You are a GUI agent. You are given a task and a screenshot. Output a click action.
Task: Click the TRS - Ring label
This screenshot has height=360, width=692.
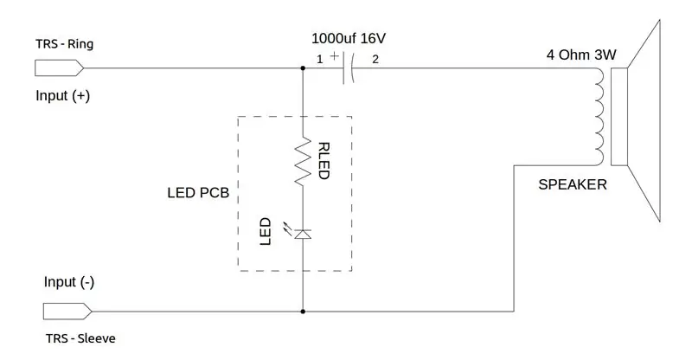click(x=64, y=44)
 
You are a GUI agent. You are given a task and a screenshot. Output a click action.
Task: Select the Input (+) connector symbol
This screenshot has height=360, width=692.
click(x=59, y=68)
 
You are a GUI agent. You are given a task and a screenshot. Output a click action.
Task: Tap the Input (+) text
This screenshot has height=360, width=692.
click(x=62, y=96)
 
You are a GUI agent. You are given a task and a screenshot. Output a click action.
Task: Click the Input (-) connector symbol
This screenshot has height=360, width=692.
click(x=67, y=312)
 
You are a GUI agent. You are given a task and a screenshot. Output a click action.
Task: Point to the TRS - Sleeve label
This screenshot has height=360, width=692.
click(x=80, y=338)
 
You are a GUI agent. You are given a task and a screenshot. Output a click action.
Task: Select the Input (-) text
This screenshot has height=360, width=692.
click(x=69, y=282)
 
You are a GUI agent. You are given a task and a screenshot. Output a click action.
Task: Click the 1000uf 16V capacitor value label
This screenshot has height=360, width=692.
click(x=349, y=38)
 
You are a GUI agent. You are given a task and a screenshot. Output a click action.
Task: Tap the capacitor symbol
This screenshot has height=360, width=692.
click(x=349, y=68)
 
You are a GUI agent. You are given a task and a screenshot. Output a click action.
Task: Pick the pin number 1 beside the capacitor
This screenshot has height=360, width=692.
click(x=320, y=59)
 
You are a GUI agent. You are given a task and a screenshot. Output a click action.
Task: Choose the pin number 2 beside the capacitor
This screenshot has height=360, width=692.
click(x=375, y=59)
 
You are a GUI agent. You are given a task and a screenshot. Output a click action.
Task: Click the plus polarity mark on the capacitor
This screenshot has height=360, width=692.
click(x=335, y=55)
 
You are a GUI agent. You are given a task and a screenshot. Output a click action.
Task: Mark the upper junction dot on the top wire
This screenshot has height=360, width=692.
click(x=303, y=68)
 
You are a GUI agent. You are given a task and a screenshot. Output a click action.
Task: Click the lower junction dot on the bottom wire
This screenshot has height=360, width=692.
click(x=303, y=312)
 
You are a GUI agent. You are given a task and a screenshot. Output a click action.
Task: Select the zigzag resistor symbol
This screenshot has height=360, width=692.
click(x=303, y=161)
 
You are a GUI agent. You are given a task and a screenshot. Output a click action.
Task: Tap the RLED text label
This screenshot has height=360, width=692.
click(x=324, y=161)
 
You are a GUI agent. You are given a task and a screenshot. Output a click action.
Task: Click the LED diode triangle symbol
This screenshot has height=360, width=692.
click(x=303, y=235)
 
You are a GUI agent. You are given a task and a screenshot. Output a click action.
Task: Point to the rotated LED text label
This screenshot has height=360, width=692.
click(x=265, y=231)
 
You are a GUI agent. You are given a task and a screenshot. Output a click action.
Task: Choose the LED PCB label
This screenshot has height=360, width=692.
click(x=198, y=193)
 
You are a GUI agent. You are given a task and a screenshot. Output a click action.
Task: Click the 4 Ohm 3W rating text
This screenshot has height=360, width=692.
click(x=581, y=55)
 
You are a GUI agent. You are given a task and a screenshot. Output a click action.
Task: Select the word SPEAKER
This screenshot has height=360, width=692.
click(x=573, y=184)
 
